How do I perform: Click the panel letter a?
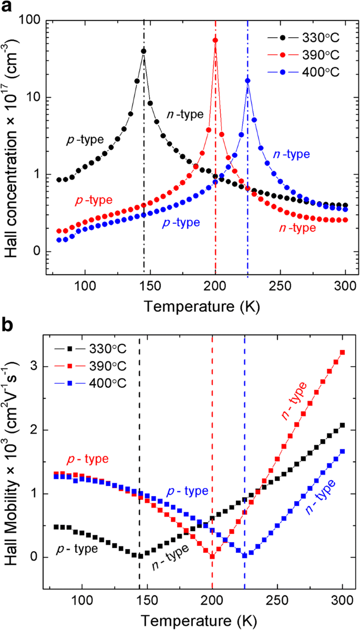[x=7, y=8]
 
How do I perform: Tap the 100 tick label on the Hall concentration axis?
[x=32, y=20]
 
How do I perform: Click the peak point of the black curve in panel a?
[x=143, y=51]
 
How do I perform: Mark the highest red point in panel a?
[x=215, y=40]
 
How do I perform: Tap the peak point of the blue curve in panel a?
[x=248, y=80]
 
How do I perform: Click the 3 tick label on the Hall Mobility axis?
[x=36, y=366]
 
